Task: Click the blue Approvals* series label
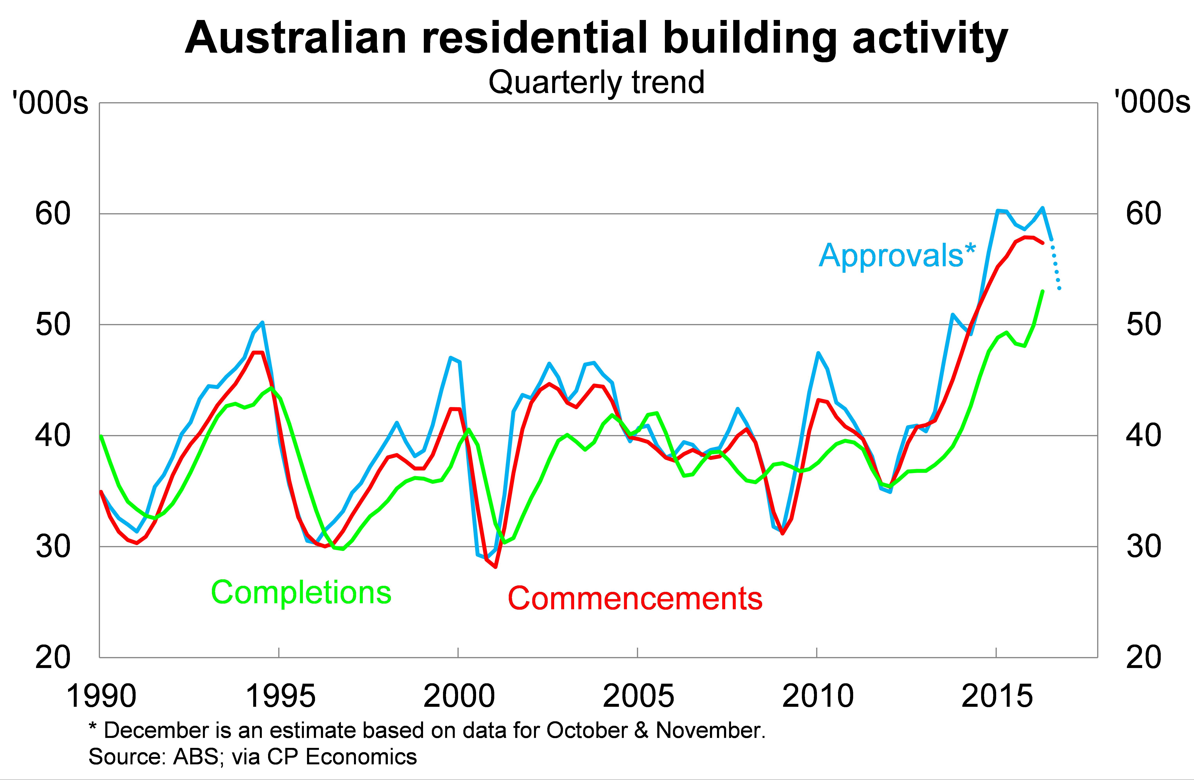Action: point(897,256)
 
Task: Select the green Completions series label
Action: point(301,593)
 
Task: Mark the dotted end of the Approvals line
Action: point(1057,271)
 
